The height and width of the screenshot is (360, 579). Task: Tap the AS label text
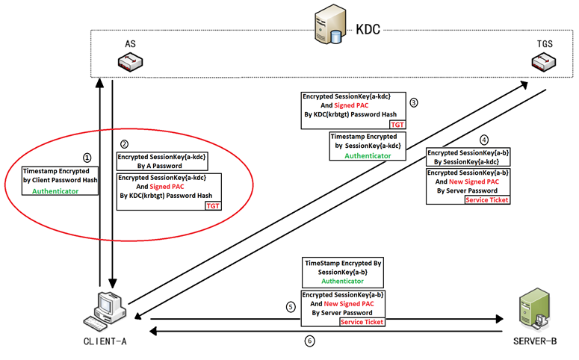tap(130, 45)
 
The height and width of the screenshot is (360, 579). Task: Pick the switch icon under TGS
tap(542, 64)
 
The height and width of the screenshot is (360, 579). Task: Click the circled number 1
tap(87, 158)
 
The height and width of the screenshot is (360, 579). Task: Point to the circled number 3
tap(413, 102)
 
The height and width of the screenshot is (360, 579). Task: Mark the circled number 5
tap(291, 306)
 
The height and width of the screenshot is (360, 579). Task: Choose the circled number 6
tap(309, 341)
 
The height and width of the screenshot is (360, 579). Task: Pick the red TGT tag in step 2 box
tap(213, 205)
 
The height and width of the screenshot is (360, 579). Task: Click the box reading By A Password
tap(162, 161)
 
